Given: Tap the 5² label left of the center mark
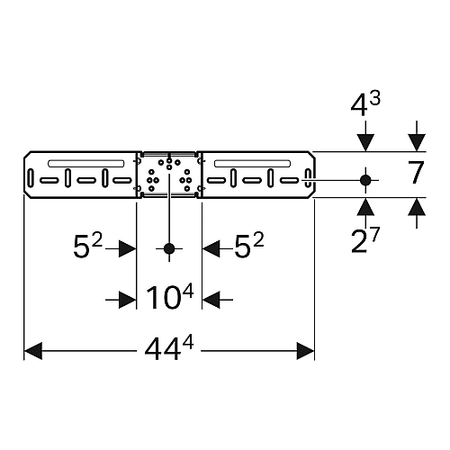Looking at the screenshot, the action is pos(88,246).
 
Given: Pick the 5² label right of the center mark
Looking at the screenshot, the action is pos(249,246).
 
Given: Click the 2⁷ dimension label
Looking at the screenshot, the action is pos(365,239).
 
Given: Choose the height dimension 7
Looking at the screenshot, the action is pos(416,173).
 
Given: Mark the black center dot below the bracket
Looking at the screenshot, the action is pos(169,248).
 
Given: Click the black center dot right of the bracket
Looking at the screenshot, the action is pos(365,180).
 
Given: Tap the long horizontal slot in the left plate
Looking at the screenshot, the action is pos(86,163).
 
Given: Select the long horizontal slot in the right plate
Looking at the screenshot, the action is pos(252,163).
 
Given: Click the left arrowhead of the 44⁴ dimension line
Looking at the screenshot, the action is pos(33,350).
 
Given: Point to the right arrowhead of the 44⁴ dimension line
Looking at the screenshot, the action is pos(305,350).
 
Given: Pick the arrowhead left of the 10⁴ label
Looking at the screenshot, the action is pos(128,300).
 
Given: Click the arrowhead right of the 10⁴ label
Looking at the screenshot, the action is pos(211,300).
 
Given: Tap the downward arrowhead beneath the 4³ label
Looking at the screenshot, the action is pos(365,143).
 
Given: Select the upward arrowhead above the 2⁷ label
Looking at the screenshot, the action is pos(365,206).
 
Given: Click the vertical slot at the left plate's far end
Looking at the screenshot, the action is pos(31,178).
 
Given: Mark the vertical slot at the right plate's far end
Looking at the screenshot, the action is pos(308,178).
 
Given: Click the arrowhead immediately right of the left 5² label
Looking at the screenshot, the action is pos(128,248).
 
